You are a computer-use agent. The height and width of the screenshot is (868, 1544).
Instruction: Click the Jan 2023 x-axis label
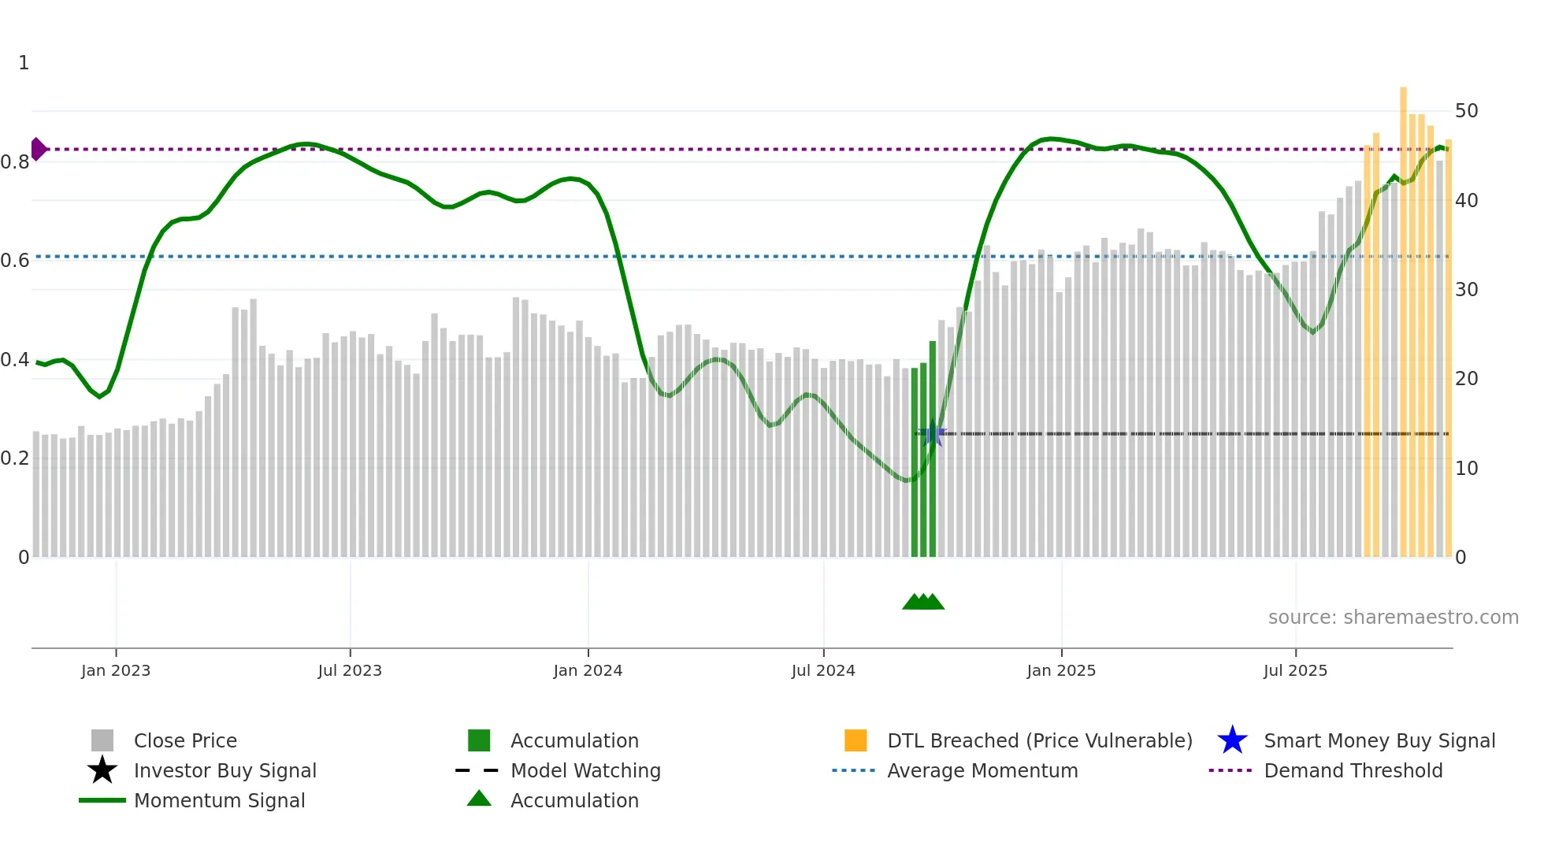pos(116,670)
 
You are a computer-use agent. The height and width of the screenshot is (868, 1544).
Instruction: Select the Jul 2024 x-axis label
pos(823,670)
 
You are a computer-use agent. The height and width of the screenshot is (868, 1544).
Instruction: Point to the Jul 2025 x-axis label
pos(1295,670)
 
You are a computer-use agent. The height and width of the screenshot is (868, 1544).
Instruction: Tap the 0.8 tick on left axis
pos(15,162)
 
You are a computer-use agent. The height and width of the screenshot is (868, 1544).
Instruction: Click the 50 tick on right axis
pos(1466,111)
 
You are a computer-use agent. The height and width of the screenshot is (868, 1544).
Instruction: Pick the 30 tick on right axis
pos(1466,290)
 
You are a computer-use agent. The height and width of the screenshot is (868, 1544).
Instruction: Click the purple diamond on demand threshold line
pos(38,149)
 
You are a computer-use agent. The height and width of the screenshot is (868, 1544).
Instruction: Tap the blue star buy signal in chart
pos(933,433)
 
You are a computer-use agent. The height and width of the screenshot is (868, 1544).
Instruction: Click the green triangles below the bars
pos(923,602)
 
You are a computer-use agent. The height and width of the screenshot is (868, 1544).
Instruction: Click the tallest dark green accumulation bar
pos(933,449)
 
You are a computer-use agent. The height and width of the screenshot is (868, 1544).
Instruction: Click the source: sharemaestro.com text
pos(1393,618)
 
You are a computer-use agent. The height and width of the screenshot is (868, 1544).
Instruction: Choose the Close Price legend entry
pos(185,740)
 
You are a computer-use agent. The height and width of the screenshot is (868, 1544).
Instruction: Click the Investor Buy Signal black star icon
pos(102,770)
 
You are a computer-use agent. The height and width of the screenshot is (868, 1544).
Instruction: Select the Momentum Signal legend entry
pos(219,800)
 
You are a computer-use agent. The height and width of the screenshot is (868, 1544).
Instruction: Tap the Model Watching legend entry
pos(585,770)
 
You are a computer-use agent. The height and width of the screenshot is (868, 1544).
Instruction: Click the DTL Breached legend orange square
pos(856,740)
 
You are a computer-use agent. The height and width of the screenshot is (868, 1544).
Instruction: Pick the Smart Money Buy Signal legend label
pos(1379,740)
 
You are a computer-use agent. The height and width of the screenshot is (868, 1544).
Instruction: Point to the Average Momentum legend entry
pos(982,770)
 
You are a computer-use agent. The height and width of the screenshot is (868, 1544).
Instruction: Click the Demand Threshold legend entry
pos(1353,770)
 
